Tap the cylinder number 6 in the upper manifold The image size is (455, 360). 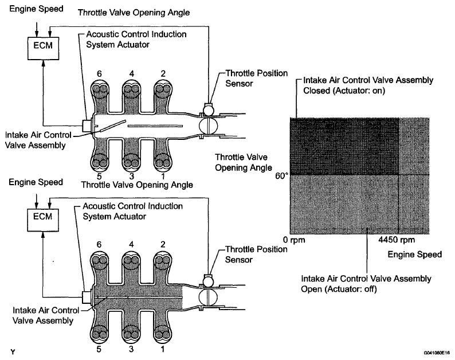[101, 74]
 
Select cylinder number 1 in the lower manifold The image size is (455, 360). [163, 348]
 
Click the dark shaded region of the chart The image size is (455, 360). [344, 146]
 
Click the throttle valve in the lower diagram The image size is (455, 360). [206, 298]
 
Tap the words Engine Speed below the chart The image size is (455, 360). [415, 254]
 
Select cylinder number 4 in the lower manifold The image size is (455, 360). [132, 244]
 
